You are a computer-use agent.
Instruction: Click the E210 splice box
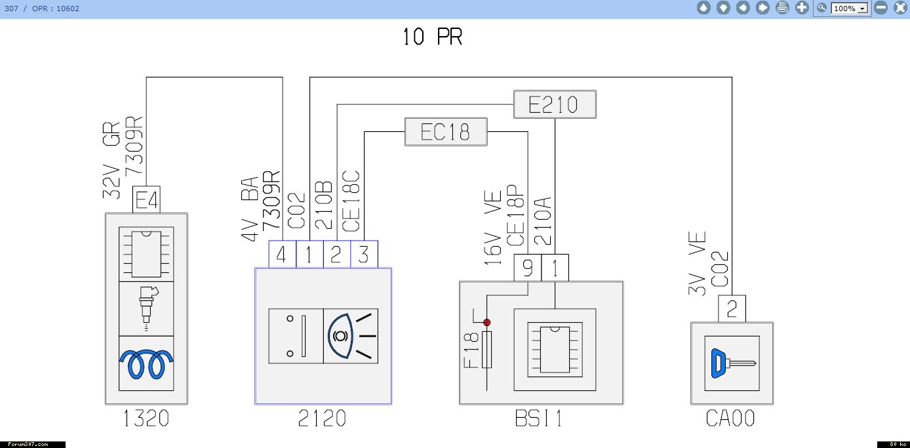555,104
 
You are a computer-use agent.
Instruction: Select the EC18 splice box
446,132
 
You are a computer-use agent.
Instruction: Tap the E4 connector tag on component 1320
146,199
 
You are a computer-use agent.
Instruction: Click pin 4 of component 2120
283,255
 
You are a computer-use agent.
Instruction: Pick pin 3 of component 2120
364,255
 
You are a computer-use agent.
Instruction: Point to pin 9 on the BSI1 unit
528,268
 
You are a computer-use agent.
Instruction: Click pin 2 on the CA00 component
732,309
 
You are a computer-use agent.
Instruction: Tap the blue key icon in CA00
733,363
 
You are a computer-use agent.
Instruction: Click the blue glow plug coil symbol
146,364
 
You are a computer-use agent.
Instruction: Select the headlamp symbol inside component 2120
351,336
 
